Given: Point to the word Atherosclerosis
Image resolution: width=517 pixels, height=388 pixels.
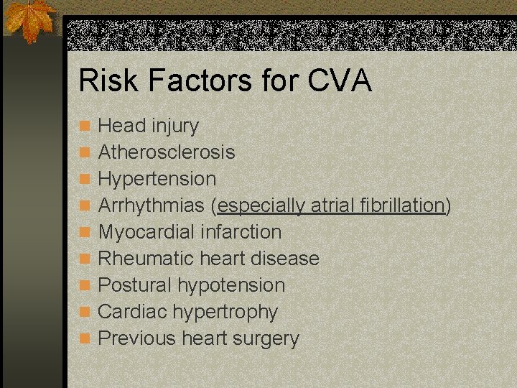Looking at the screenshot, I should pyautogui.click(x=166, y=152).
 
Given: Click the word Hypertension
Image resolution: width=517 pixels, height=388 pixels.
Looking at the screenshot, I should pyautogui.click(x=157, y=178).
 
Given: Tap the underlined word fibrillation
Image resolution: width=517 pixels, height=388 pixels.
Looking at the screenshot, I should pyautogui.click(x=403, y=205).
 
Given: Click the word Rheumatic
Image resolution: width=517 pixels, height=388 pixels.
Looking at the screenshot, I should pyautogui.click(x=144, y=259).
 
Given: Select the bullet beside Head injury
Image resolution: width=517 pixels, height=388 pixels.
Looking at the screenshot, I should pyautogui.click(x=85, y=126).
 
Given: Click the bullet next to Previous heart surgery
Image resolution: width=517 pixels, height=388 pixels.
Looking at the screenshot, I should pyautogui.click(x=85, y=339).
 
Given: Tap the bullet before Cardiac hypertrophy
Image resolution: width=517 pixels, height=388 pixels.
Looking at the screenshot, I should pyautogui.click(x=85, y=313).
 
